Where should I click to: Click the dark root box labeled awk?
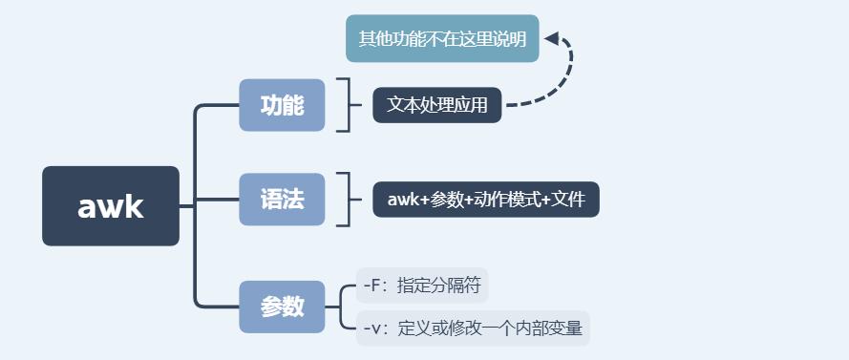[x=111, y=206]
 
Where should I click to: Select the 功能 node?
[x=282, y=105]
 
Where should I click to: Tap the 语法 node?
[x=282, y=200]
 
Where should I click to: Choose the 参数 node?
[x=282, y=307]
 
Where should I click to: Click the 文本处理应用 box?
[x=436, y=105]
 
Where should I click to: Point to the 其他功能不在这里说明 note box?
[x=442, y=39]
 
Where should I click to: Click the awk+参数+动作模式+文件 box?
[x=485, y=200]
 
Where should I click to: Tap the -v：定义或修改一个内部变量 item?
[x=473, y=328]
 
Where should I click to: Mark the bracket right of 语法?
[x=345, y=200]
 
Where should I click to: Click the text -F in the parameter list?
[x=373, y=285]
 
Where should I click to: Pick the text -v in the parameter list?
[x=373, y=328]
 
